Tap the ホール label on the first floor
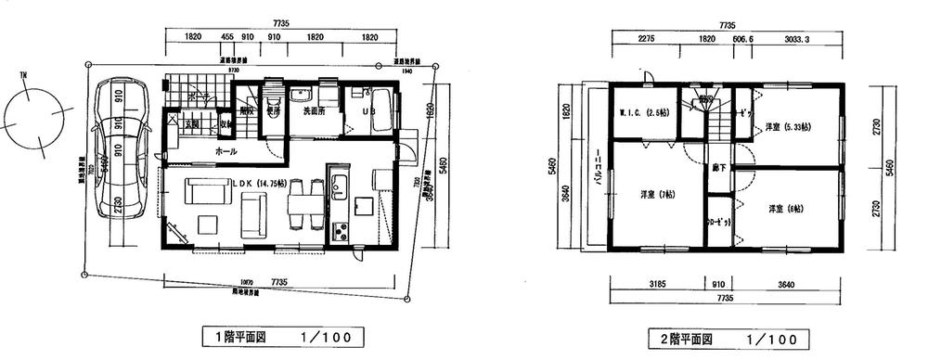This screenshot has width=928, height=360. [226, 151]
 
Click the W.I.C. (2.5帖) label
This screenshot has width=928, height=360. [641, 113]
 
